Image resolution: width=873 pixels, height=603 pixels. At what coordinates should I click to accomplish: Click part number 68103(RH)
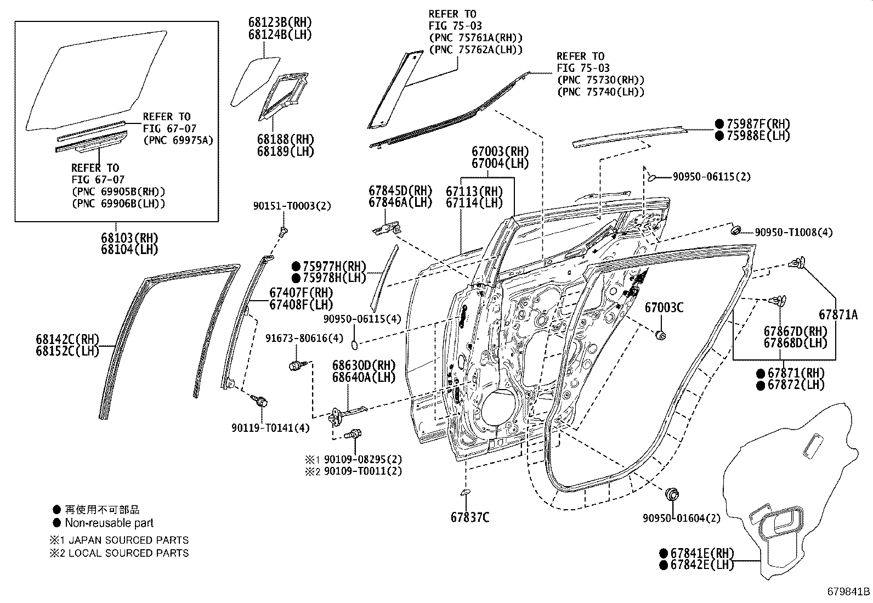pos(129,238)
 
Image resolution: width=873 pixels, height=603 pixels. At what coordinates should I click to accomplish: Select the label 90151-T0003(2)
pos(292,206)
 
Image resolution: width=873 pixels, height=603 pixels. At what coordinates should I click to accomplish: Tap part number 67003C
pos(664,307)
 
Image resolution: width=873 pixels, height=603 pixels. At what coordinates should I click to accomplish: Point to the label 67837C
pos(470,517)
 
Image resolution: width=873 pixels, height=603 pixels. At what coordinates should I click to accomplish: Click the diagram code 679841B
pos(849,592)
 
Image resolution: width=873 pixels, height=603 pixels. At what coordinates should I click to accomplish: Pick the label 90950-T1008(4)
pos(793,232)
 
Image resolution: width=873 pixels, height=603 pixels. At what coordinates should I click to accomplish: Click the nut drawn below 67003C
pos(661,335)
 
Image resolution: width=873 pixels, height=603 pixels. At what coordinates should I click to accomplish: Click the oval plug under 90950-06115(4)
pos(354,345)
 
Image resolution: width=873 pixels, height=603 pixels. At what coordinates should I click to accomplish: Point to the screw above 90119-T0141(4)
pos(260,401)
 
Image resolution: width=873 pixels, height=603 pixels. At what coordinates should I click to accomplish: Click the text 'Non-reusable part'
pos(109,523)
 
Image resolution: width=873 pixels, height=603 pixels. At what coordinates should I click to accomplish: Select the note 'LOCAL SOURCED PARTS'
pos(128,553)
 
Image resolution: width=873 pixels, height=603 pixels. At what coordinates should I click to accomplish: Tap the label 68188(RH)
pos(285,139)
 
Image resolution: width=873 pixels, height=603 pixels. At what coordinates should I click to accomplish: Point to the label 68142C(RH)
pos(67,339)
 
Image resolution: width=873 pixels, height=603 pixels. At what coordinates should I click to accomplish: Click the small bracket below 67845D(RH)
pos(386,228)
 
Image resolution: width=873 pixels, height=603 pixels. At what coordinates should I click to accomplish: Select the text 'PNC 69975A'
pos(178,140)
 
